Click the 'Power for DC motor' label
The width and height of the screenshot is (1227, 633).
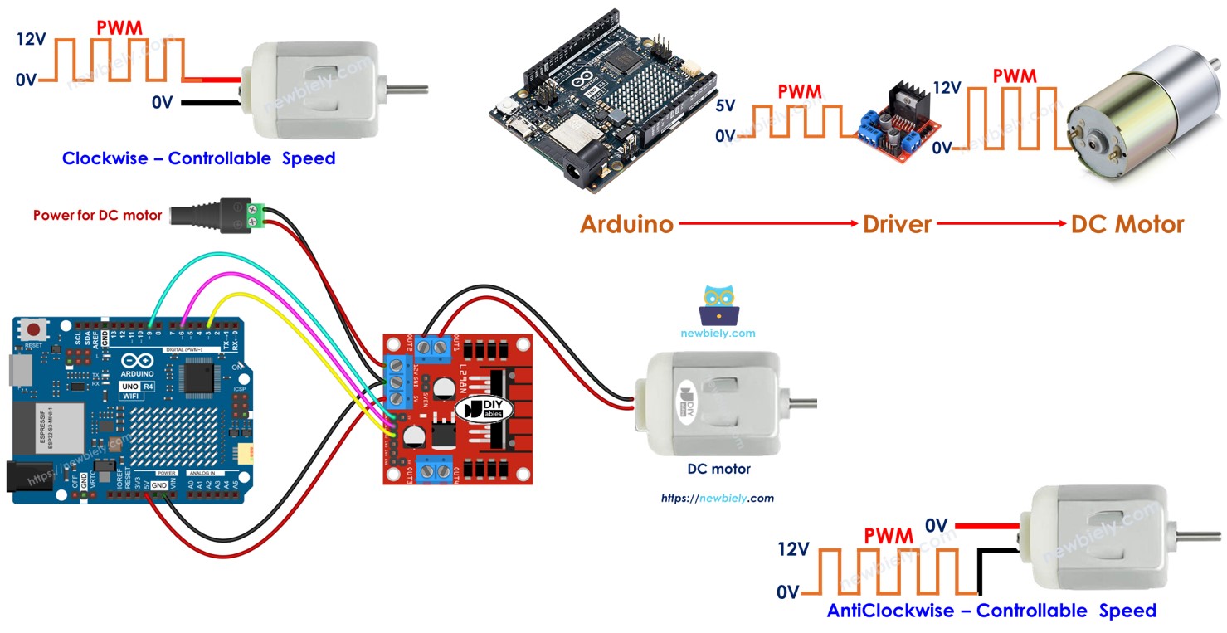point(97,215)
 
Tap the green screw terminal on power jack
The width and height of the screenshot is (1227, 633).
point(258,213)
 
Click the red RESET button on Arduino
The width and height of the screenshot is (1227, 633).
point(33,329)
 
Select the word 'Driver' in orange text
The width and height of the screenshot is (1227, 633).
point(897,224)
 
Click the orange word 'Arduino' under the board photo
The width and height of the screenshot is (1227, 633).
point(626,224)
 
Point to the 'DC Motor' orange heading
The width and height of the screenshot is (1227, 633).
point(1127,224)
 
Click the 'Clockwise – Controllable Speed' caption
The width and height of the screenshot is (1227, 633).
point(198,158)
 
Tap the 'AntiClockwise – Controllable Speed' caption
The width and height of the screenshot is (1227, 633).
point(991,611)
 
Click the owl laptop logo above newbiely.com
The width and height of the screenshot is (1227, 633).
point(718,305)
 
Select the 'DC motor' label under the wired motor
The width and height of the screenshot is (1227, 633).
point(718,469)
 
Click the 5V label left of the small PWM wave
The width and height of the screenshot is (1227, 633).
point(725,105)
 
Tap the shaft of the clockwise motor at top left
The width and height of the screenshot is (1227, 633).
point(407,87)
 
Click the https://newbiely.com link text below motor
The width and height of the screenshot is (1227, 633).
point(717,499)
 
